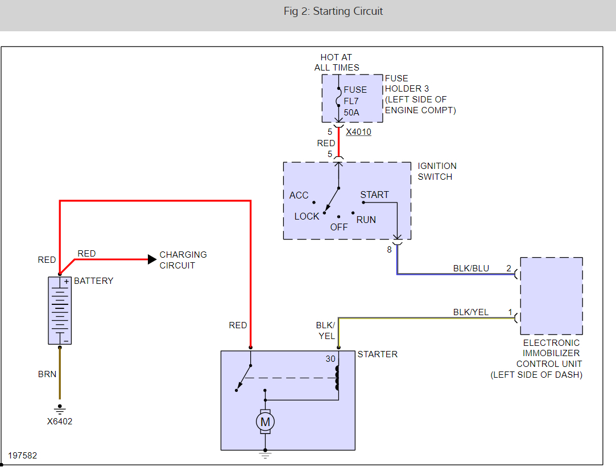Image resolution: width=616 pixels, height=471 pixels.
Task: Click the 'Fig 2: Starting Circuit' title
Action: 333,11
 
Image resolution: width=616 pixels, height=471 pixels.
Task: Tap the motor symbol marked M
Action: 264,422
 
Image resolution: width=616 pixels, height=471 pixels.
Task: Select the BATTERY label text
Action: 93,280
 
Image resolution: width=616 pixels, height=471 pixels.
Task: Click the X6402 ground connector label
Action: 60,422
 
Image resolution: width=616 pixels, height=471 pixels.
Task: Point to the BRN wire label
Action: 47,374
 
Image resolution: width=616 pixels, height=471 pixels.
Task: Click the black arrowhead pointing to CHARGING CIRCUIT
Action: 152,259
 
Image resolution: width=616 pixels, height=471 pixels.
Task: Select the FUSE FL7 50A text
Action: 355,101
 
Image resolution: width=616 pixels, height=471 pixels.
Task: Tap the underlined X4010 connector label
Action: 358,132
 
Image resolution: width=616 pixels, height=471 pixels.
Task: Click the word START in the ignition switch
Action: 374,195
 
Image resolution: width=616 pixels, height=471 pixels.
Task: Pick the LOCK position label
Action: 307,216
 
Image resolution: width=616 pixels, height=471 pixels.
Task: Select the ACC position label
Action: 299,195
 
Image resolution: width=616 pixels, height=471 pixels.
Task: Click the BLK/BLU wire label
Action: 471,268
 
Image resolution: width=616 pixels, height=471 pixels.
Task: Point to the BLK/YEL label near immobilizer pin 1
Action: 470,312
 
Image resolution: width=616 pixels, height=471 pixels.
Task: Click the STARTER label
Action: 377,354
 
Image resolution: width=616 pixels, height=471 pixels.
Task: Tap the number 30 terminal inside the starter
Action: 330,359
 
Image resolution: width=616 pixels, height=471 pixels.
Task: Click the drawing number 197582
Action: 23,456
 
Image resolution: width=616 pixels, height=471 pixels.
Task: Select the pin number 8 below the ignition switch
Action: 390,249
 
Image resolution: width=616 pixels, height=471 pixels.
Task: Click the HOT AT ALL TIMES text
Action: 337,62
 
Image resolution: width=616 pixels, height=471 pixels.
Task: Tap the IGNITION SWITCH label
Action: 437,171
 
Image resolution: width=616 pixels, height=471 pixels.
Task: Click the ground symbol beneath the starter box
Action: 264,454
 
